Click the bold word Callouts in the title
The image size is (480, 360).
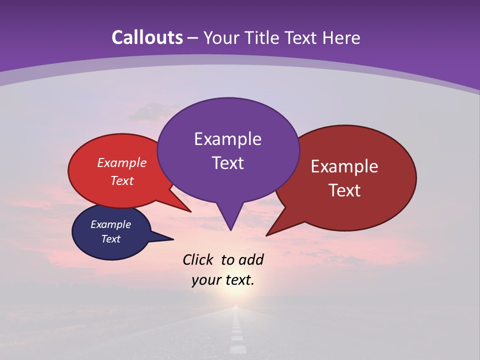pos(147,37)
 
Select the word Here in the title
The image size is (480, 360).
pos(341,37)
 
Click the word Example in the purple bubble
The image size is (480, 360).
pos(227,139)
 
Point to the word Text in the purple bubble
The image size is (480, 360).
pos(227,163)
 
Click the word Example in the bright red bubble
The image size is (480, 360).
pos(121,162)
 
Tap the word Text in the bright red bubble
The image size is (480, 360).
pos(121,180)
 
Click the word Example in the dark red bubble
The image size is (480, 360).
pos(344,166)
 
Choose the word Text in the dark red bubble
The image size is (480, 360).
pos(344,190)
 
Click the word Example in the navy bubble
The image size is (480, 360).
pos(110,224)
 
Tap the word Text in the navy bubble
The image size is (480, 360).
pos(110,239)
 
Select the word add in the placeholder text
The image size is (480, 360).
pos(251,259)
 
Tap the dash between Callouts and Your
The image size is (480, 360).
pos(193,38)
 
